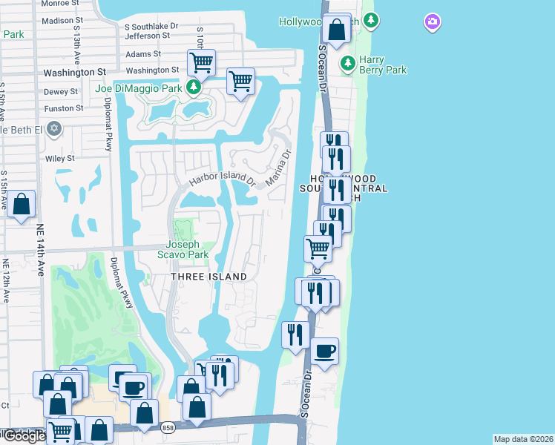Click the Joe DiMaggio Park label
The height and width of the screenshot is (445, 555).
point(139,88)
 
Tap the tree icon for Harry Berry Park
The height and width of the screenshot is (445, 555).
point(347,64)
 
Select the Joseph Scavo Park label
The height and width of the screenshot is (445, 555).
point(183,249)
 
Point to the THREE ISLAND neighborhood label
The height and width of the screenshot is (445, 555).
point(209,277)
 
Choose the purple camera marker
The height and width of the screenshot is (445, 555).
point(433,22)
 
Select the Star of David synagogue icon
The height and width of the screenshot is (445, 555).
point(53,129)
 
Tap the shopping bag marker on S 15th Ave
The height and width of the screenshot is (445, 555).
point(22,204)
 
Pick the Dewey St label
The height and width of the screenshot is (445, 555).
point(61,91)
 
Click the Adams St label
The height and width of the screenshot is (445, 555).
point(143,54)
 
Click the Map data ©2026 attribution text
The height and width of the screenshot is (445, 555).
point(523,439)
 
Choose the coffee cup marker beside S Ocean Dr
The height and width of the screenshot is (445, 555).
point(324,351)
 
